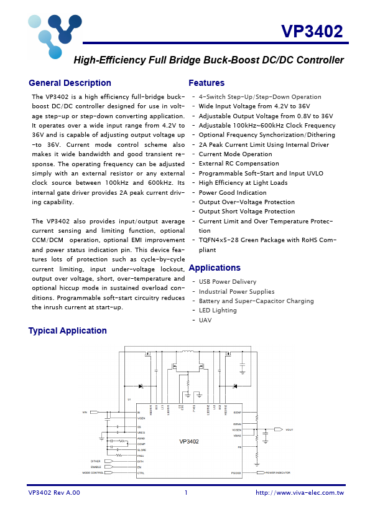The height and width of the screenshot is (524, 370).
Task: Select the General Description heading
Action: point(70,83)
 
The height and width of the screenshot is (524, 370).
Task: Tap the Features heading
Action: point(206,83)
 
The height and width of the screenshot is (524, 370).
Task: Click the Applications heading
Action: point(214,268)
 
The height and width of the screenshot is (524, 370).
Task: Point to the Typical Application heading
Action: point(67,330)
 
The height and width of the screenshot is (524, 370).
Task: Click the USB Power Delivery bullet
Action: point(227,282)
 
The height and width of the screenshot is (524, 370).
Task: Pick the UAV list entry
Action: point(205,320)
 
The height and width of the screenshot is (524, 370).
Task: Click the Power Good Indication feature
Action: point(233,192)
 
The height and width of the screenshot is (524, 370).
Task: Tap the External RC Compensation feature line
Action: point(239,164)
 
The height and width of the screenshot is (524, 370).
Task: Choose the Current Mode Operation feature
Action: point(235,154)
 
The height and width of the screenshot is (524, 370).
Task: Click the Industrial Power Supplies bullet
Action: point(236,291)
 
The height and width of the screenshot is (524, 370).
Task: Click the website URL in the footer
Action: point(300,492)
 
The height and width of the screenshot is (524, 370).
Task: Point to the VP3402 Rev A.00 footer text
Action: point(54,492)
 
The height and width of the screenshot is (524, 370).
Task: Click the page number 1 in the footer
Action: point(185,492)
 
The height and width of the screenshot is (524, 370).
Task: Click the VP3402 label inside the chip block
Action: point(189,441)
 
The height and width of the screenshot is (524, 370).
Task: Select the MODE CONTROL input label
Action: point(93,473)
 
